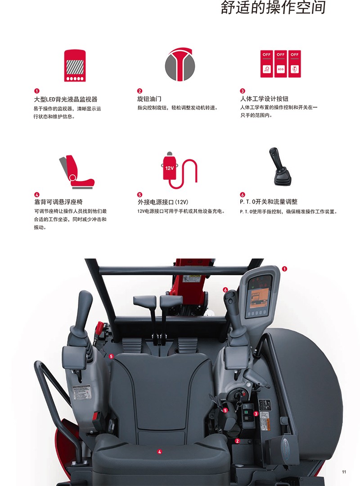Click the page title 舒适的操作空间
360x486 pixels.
(273, 8)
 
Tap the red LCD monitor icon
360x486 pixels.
(75, 65)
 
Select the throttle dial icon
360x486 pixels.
(180, 64)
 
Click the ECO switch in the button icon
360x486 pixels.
(280, 64)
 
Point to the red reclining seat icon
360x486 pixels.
(76, 172)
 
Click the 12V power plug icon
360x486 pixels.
(180, 170)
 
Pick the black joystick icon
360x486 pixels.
(279, 167)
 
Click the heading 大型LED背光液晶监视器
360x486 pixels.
(66, 99)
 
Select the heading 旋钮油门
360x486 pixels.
(149, 99)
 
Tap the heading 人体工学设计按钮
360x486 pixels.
(264, 99)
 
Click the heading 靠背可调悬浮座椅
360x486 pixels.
(58, 202)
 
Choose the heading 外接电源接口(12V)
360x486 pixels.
(163, 202)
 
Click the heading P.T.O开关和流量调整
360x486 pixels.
(269, 202)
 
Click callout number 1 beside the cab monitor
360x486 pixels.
(284, 269)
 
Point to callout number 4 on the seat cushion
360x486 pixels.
(159, 452)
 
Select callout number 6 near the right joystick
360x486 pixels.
(225, 290)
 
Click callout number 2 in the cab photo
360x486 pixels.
(238, 441)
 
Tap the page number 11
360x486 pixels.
(344, 472)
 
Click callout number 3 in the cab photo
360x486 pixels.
(256, 414)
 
